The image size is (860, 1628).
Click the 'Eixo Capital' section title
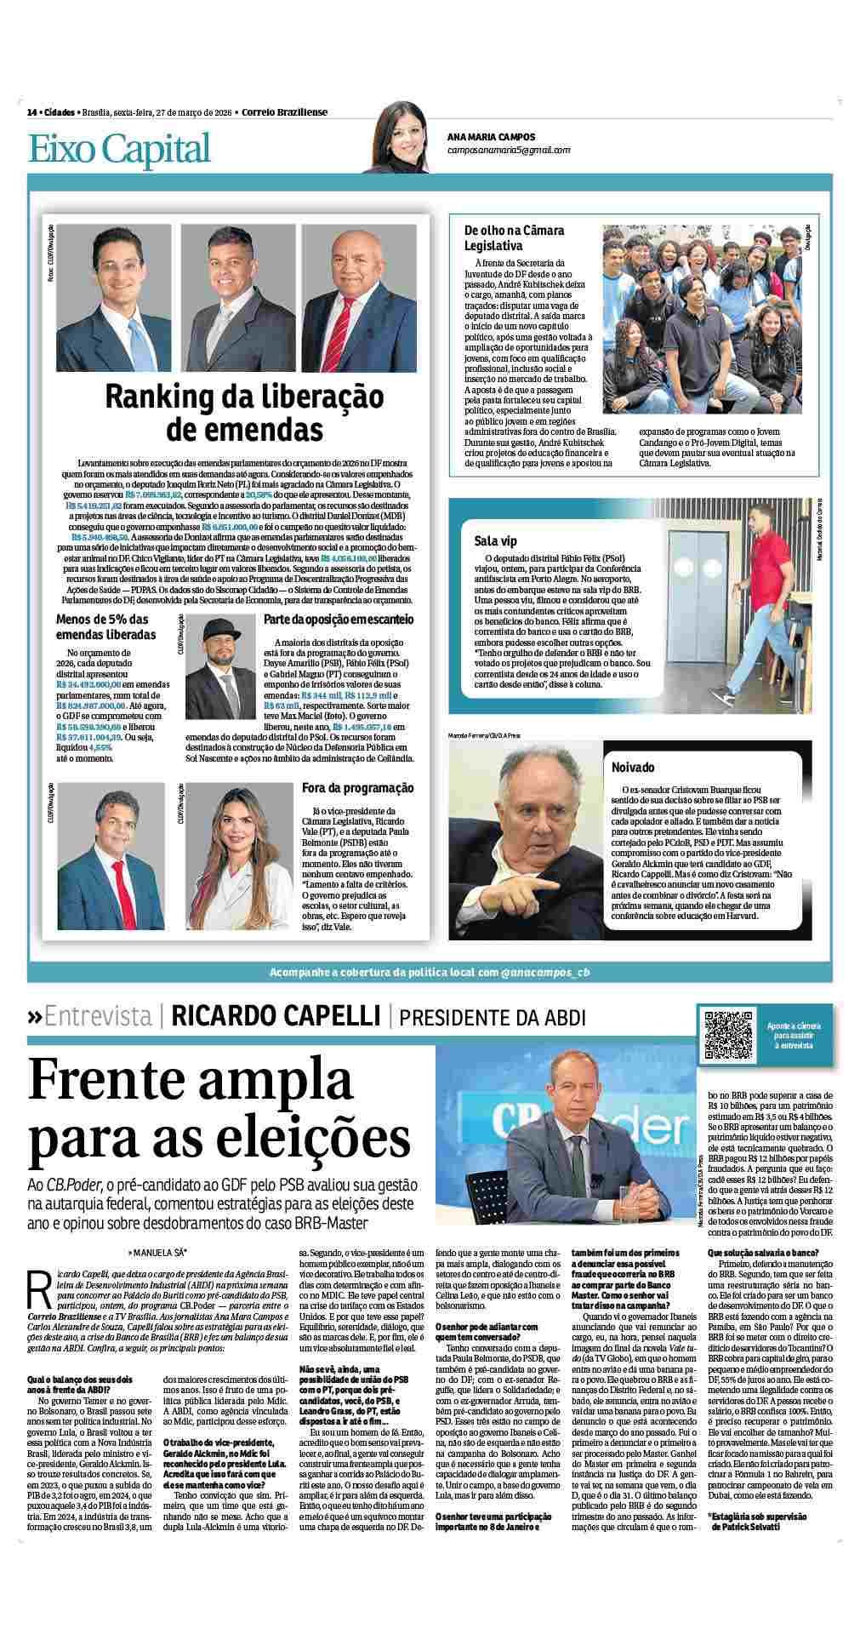119,148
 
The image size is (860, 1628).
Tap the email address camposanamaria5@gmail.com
509,150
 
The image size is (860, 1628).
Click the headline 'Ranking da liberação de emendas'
245,412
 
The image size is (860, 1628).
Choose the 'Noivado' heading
633,768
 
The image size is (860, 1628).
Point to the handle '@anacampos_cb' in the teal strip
545,972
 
